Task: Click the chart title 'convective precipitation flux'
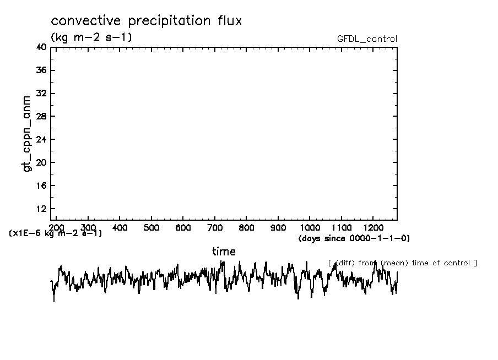146,21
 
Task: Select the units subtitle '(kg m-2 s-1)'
91,37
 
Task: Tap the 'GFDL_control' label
367,39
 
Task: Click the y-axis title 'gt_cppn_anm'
28,135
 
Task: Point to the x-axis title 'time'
224,252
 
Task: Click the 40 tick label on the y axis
41,47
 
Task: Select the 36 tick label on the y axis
41,70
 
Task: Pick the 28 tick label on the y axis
41,117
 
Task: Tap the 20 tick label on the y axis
41,162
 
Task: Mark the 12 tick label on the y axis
41,209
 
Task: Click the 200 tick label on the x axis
57,227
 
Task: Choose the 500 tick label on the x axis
151,227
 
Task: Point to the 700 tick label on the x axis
215,227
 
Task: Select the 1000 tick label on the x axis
310,227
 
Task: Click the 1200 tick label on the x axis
373,227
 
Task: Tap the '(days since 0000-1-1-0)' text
354,238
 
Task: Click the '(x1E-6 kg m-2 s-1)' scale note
55,233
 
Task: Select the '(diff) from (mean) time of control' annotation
402,263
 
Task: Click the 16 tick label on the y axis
41,186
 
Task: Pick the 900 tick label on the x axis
278,227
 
